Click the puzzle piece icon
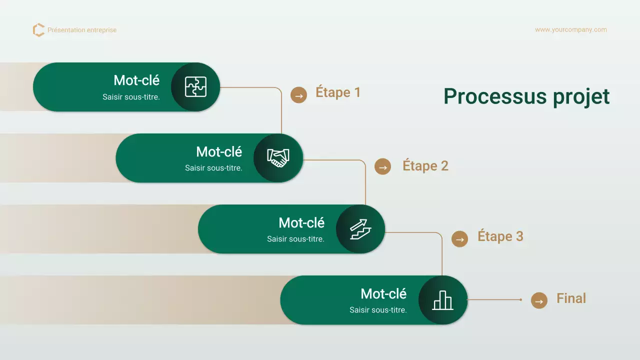(x=195, y=87)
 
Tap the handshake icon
(x=278, y=158)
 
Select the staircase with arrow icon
(x=360, y=229)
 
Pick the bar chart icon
(x=442, y=300)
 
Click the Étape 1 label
(x=338, y=92)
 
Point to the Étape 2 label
(x=425, y=166)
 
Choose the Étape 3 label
(x=500, y=236)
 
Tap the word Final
(x=571, y=298)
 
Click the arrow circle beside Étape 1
(x=298, y=95)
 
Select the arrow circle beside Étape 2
(x=382, y=167)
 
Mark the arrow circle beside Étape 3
(x=459, y=239)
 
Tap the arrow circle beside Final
(x=539, y=300)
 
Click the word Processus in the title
(x=495, y=96)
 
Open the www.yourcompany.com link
(x=570, y=30)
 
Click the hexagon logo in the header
(x=38, y=30)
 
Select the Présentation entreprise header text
(x=82, y=30)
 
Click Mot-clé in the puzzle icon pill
(x=136, y=80)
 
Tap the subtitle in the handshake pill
(x=213, y=168)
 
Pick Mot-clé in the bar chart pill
(x=383, y=293)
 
